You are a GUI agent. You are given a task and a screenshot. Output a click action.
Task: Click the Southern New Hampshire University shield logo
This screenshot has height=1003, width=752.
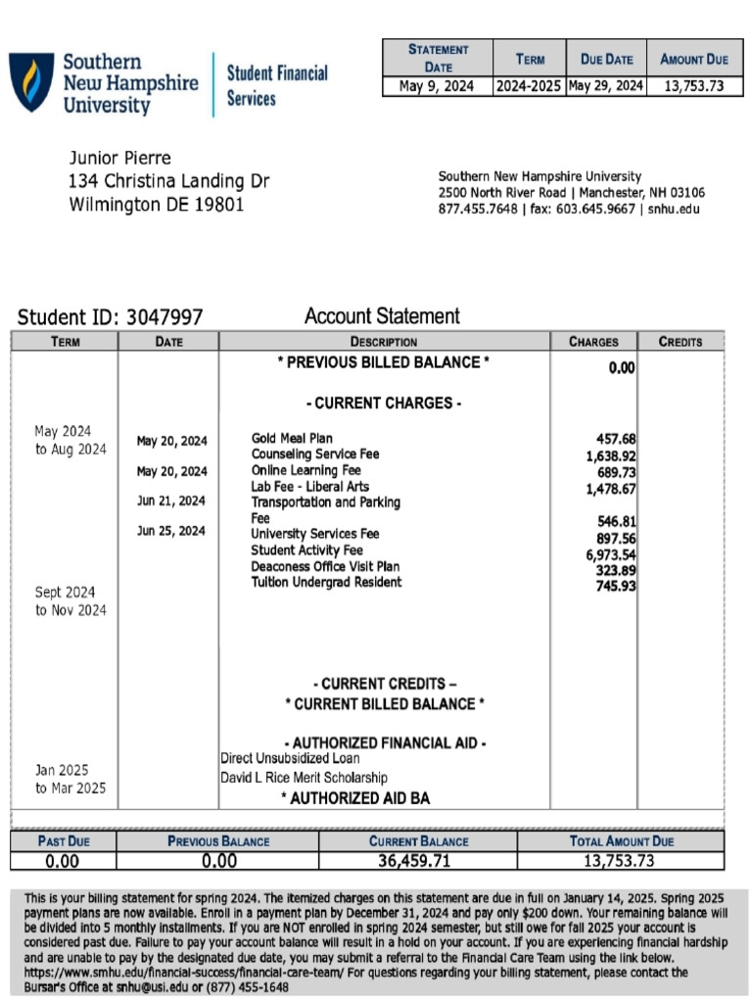tap(31, 81)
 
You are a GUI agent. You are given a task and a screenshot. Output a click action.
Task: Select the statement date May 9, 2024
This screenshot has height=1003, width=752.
tap(436, 86)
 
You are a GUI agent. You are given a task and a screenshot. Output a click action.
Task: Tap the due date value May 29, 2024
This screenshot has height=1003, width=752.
tap(606, 86)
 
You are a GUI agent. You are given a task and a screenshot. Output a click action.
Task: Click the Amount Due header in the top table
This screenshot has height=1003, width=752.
tap(694, 59)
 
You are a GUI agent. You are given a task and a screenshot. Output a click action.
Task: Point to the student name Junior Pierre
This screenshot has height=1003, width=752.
tap(119, 159)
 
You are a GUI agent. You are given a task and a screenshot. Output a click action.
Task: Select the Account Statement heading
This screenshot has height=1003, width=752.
tap(382, 316)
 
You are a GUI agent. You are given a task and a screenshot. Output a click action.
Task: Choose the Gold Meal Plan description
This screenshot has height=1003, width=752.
tap(292, 439)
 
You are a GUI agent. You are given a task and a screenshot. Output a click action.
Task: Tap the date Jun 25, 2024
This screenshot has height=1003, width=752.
tap(171, 532)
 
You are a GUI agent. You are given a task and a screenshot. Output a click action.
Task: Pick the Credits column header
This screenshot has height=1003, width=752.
tap(681, 342)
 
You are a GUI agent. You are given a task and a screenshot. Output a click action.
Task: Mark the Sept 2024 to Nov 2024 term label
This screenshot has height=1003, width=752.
tap(70, 601)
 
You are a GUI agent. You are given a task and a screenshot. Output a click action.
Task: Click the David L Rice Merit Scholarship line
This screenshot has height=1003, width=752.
tap(304, 778)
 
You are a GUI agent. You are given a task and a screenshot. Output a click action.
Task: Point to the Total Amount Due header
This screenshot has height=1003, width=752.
tap(622, 840)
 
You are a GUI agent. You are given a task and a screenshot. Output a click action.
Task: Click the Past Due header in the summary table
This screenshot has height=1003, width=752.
tap(64, 840)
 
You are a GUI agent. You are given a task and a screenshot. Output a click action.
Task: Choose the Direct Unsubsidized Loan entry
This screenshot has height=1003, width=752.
tap(290, 758)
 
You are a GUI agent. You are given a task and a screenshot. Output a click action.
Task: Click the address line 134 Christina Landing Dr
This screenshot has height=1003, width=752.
tap(168, 182)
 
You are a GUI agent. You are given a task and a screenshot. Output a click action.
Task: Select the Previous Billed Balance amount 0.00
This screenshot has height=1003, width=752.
tap(622, 368)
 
